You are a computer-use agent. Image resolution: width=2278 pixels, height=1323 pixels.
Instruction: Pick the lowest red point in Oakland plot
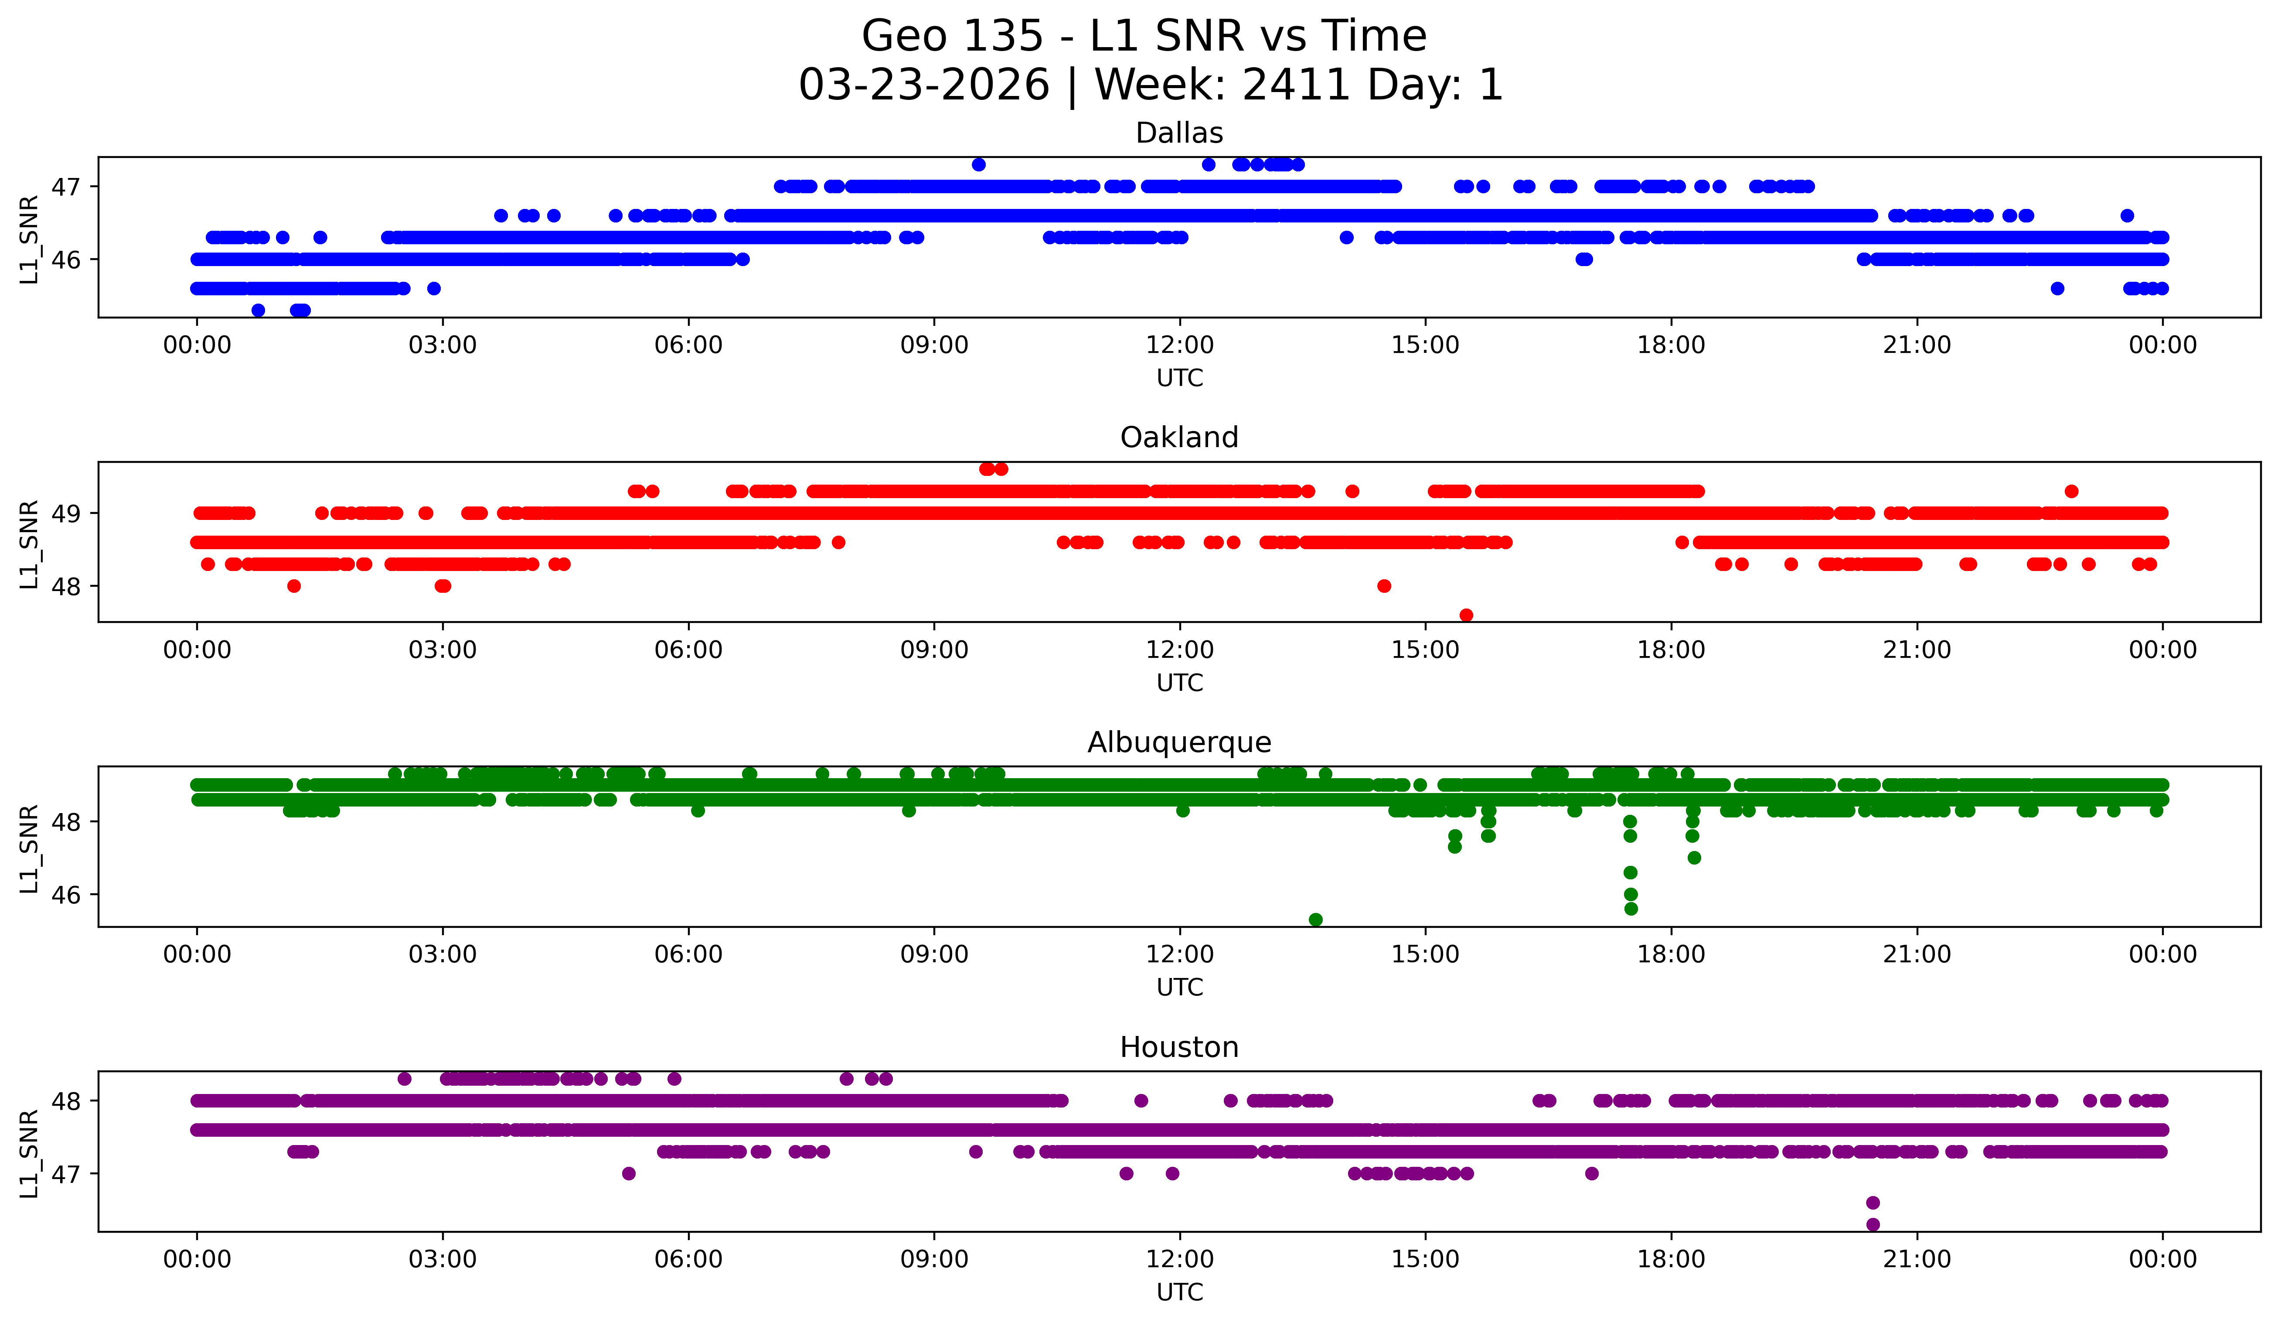(1466, 615)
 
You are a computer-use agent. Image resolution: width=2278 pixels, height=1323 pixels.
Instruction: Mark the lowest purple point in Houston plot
(1873, 1224)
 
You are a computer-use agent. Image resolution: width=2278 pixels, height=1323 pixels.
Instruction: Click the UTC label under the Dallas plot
(1180, 378)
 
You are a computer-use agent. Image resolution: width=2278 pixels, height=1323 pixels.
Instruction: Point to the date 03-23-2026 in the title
(924, 85)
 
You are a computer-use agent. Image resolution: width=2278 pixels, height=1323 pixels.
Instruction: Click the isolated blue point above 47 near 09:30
(978, 164)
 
